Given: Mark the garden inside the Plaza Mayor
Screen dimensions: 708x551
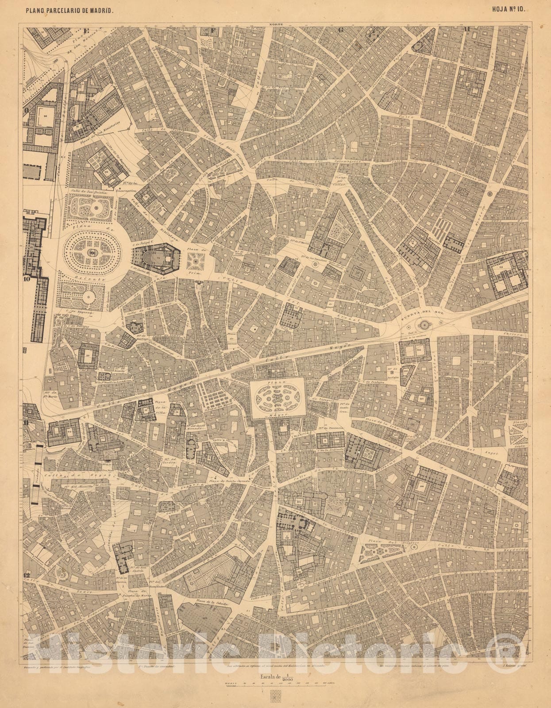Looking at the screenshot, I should tap(277, 397).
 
